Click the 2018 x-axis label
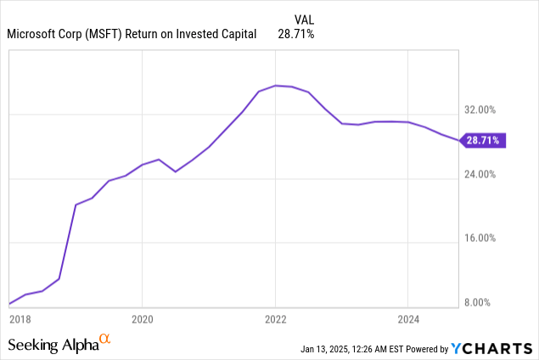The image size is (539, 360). pyautogui.click(x=19, y=318)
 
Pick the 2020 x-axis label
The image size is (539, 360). pyautogui.click(x=142, y=318)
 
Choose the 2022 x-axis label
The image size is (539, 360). pyautogui.click(x=275, y=318)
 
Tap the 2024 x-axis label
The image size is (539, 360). pyautogui.click(x=408, y=318)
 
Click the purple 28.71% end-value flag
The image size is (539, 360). pyautogui.click(x=485, y=140)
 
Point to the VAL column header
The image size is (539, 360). pyautogui.click(x=305, y=19)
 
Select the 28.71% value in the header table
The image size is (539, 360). pyautogui.click(x=296, y=34)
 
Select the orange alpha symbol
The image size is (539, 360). pyautogui.click(x=105, y=340)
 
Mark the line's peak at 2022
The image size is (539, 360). pyautogui.click(x=275, y=85)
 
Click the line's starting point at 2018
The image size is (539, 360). pyautogui.click(x=9, y=303)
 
